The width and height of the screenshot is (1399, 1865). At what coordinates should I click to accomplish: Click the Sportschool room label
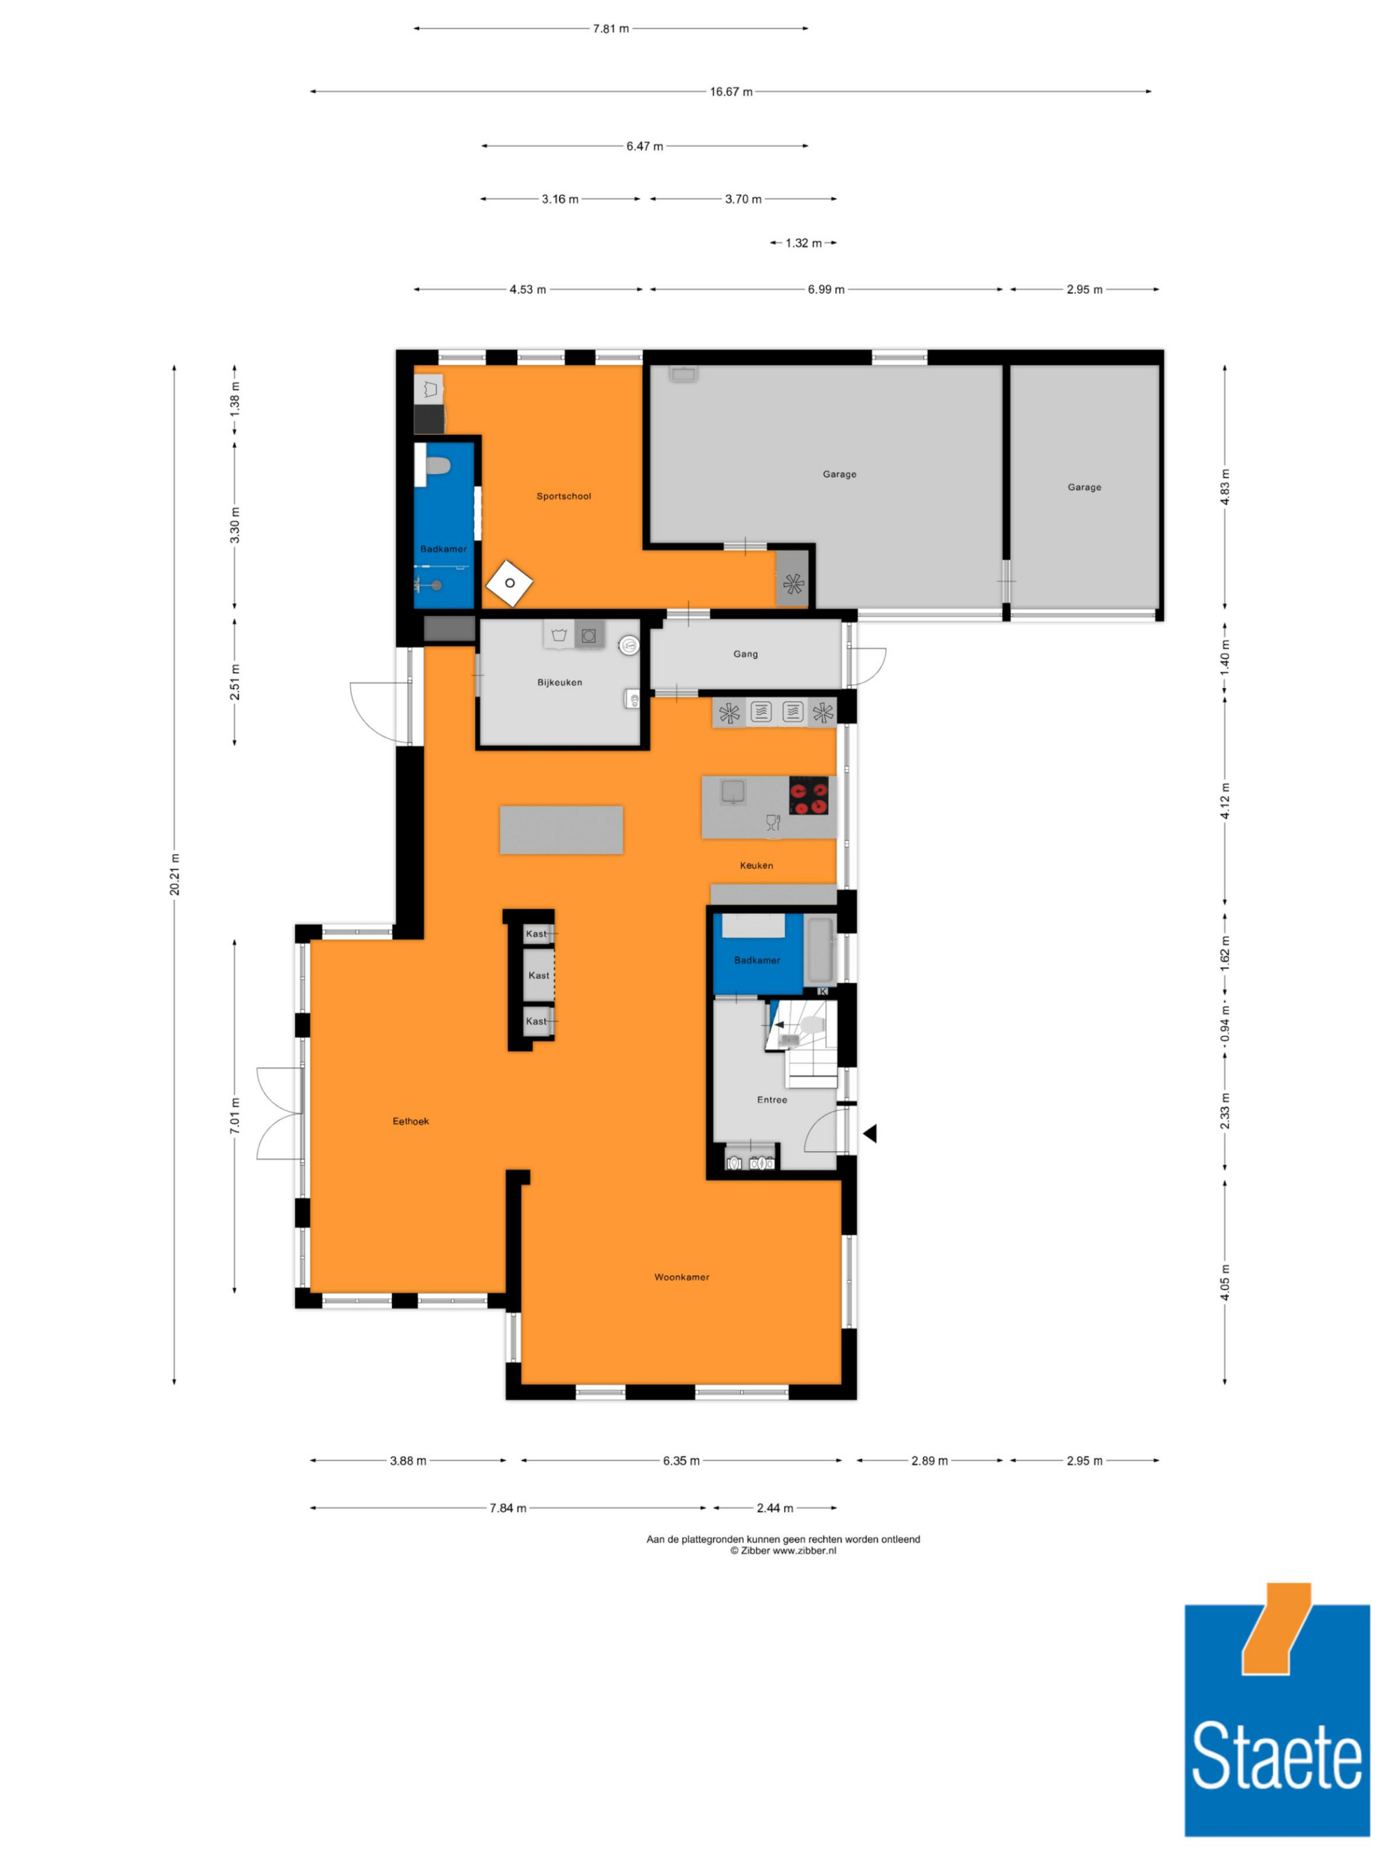click(x=563, y=496)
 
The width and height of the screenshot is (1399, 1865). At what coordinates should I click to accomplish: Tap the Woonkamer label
click(x=681, y=1276)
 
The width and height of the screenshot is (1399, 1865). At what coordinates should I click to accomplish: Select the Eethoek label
click(x=411, y=1120)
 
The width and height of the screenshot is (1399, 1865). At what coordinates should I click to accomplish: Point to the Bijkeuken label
click(x=559, y=682)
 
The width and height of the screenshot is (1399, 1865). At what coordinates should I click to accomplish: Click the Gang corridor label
click(x=746, y=653)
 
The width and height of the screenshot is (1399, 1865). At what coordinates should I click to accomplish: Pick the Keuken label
click(x=756, y=865)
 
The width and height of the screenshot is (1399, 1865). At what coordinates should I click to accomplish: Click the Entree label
click(x=772, y=1099)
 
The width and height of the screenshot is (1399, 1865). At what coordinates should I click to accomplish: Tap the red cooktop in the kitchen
click(x=809, y=796)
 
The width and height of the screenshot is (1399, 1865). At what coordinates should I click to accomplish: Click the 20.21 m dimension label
click(x=175, y=874)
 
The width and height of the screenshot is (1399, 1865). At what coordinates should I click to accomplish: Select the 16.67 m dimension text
click(x=731, y=91)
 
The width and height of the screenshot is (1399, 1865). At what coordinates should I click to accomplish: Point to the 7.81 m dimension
click(x=611, y=29)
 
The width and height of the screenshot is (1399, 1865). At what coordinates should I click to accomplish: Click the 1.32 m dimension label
click(x=803, y=243)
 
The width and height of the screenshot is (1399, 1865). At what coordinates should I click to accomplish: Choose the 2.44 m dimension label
click(x=774, y=1508)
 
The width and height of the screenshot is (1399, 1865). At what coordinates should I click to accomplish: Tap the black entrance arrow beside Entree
click(x=869, y=1134)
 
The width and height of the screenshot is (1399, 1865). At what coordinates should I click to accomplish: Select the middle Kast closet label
click(x=539, y=976)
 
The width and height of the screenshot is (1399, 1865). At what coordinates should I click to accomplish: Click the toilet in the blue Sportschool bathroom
click(x=438, y=466)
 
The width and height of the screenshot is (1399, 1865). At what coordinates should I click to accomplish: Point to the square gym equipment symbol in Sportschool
click(x=509, y=583)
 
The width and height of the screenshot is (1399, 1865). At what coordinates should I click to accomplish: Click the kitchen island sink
click(x=733, y=792)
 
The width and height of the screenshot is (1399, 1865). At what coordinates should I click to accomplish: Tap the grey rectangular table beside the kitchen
click(x=562, y=829)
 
